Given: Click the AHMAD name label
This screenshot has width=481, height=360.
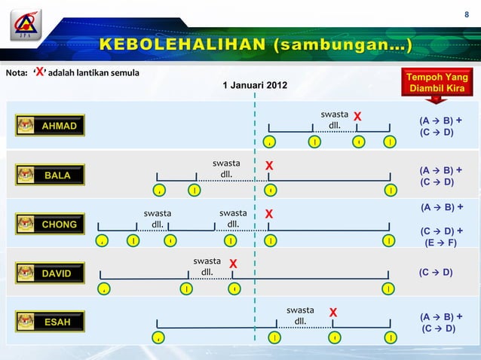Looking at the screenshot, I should (x=59, y=126).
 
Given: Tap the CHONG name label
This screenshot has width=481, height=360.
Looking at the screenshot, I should (x=59, y=224).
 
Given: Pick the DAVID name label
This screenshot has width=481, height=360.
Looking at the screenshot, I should (x=57, y=273).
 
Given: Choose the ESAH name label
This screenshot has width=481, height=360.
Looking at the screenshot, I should (x=57, y=322).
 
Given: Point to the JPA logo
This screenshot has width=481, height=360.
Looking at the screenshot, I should (x=26, y=24).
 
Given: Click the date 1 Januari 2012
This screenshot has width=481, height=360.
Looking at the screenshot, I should (x=254, y=84).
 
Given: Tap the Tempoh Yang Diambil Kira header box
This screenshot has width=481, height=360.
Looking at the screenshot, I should (x=437, y=84).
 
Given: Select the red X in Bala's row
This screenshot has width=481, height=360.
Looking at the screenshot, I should (x=269, y=166).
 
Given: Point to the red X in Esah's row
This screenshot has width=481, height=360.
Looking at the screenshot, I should (x=332, y=313).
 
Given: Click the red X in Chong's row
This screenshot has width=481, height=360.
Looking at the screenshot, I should (x=269, y=215).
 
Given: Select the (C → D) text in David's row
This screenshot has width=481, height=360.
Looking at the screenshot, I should (x=436, y=272).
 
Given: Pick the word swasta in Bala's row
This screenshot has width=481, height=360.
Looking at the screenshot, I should (x=226, y=163).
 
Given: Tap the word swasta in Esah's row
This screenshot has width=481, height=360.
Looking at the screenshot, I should (x=300, y=310).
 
